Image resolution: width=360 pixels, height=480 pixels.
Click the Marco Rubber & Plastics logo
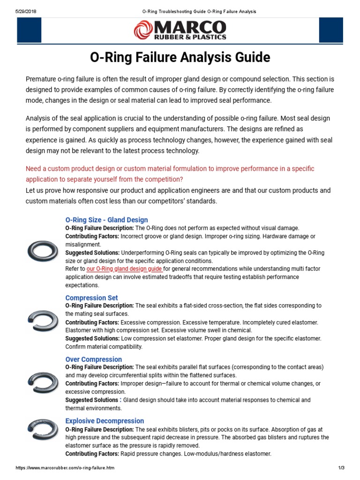coord(180,30)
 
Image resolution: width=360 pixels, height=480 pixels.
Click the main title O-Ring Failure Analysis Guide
coord(180,58)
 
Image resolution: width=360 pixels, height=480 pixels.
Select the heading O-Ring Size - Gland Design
coord(106,220)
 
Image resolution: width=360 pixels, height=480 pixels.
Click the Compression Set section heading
coord(91,298)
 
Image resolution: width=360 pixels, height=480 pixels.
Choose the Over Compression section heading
coord(93,360)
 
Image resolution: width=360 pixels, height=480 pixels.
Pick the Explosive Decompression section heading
coord(105,421)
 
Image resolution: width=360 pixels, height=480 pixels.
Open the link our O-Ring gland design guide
coord(125,269)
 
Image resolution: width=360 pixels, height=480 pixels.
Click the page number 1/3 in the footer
coord(341,468)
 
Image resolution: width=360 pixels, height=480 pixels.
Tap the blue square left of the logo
coord(29,30)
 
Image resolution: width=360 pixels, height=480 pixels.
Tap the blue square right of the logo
coord(331,30)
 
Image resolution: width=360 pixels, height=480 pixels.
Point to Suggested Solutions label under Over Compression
coord(91,400)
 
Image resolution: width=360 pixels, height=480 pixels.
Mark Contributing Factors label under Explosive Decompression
coord(92,454)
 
